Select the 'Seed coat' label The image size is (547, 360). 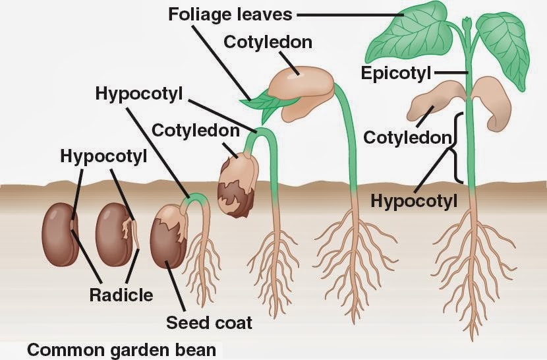click(208, 323)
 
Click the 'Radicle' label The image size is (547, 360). click(121, 295)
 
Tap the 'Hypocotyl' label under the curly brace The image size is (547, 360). click(414, 200)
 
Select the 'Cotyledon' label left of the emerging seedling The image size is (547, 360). click(196, 130)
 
